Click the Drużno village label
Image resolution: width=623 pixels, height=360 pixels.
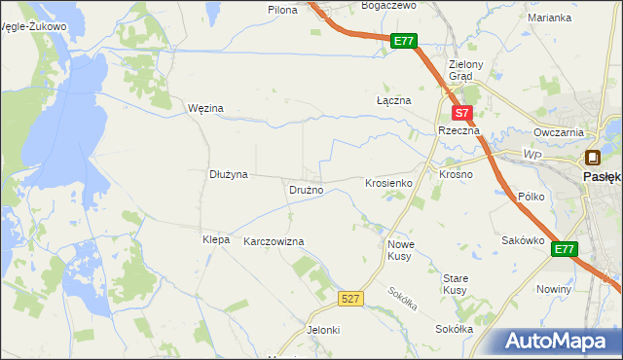[x=306, y=190]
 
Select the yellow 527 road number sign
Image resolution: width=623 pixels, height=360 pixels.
[x=352, y=298]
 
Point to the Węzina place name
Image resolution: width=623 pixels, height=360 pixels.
[x=205, y=108]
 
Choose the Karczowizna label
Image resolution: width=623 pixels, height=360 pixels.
[x=274, y=240]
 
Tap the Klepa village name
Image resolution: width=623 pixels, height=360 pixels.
[x=215, y=239]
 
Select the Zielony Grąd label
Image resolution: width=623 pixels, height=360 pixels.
[x=459, y=71]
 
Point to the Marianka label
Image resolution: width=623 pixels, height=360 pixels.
[x=549, y=18]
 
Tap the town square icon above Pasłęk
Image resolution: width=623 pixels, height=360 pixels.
[x=592, y=158]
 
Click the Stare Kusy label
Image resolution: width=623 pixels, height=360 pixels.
[x=456, y=284]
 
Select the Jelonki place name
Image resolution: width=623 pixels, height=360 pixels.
[x=323, y=330]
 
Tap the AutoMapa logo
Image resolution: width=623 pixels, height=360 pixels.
[x=557, y=342]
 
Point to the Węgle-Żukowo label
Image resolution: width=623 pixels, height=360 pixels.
[x=35, y=26]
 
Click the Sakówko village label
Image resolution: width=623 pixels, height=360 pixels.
[x=521, y=239]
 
